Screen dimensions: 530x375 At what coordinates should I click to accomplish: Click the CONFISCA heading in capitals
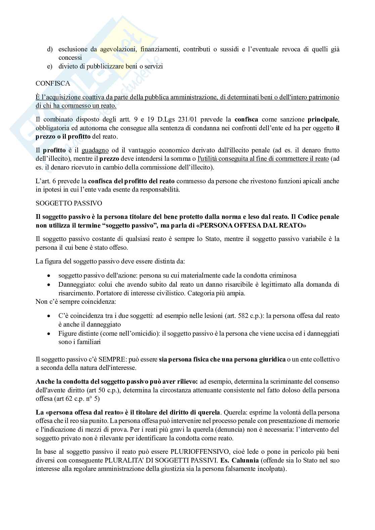pyautogui.click(x=53, y=84)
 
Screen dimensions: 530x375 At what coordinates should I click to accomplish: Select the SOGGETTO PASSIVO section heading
pyautogui.click(x=69, y=203)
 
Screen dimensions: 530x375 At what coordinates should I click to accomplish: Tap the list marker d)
pyautogui.click(x=50, y=49)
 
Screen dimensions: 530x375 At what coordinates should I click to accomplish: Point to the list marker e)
pyautogui.click(x=50, y=66)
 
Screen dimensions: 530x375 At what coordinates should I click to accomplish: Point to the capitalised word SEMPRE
pyautogui.click(x=123, y=359)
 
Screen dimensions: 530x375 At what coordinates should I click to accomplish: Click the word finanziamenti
pyautogui.click(x=162, y=49)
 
